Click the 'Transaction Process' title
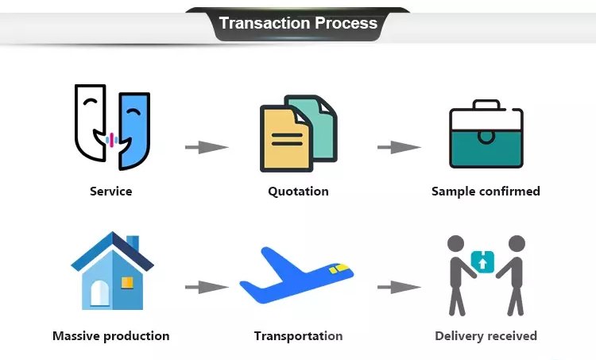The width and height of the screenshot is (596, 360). point(298,23)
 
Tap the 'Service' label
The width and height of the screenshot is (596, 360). point(110,191)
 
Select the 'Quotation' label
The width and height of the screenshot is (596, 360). point(298,191)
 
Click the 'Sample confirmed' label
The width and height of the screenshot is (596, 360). point(486,191)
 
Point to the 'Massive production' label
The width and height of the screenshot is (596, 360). point(110,335)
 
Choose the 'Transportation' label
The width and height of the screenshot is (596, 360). point(298,335)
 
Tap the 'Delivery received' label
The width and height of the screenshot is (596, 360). point(486,335)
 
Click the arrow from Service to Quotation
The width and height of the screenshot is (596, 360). point(207,147)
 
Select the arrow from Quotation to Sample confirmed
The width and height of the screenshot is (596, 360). point(399,147)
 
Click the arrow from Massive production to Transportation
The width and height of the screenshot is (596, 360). point(207,287)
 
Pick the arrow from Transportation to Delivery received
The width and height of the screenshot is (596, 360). point(399,287)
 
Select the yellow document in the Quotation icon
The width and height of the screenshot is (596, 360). point(285,139)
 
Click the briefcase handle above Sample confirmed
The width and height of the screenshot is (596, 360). point(486,104)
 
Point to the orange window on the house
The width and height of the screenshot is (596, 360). point(127,282)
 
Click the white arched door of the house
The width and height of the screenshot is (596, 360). point(99,292)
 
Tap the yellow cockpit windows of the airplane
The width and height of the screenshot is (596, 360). point(339,269)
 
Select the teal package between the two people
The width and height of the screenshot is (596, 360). point(482,261)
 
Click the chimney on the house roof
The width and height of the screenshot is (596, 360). point(133,243)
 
